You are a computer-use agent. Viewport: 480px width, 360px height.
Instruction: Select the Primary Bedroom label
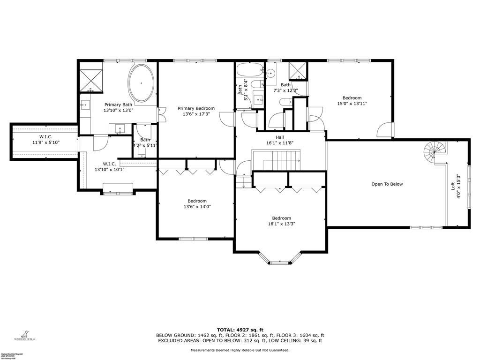196,108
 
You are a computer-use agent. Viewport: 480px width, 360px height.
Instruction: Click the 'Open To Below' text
387,184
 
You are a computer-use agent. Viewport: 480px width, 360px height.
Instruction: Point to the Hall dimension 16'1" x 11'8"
279,143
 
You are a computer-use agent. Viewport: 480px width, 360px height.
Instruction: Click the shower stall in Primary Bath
91,80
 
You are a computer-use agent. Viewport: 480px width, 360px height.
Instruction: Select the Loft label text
453,185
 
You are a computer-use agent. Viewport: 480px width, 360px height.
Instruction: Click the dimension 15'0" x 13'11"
352,104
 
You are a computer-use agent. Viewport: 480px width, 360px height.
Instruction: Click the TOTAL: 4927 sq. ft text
240,330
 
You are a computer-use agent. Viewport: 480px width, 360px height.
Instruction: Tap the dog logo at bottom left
22,331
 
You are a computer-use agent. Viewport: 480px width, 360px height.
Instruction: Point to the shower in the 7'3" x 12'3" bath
298,70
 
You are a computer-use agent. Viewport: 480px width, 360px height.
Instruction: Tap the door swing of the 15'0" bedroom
385,130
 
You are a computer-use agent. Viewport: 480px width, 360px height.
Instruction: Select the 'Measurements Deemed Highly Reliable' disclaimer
240,350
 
